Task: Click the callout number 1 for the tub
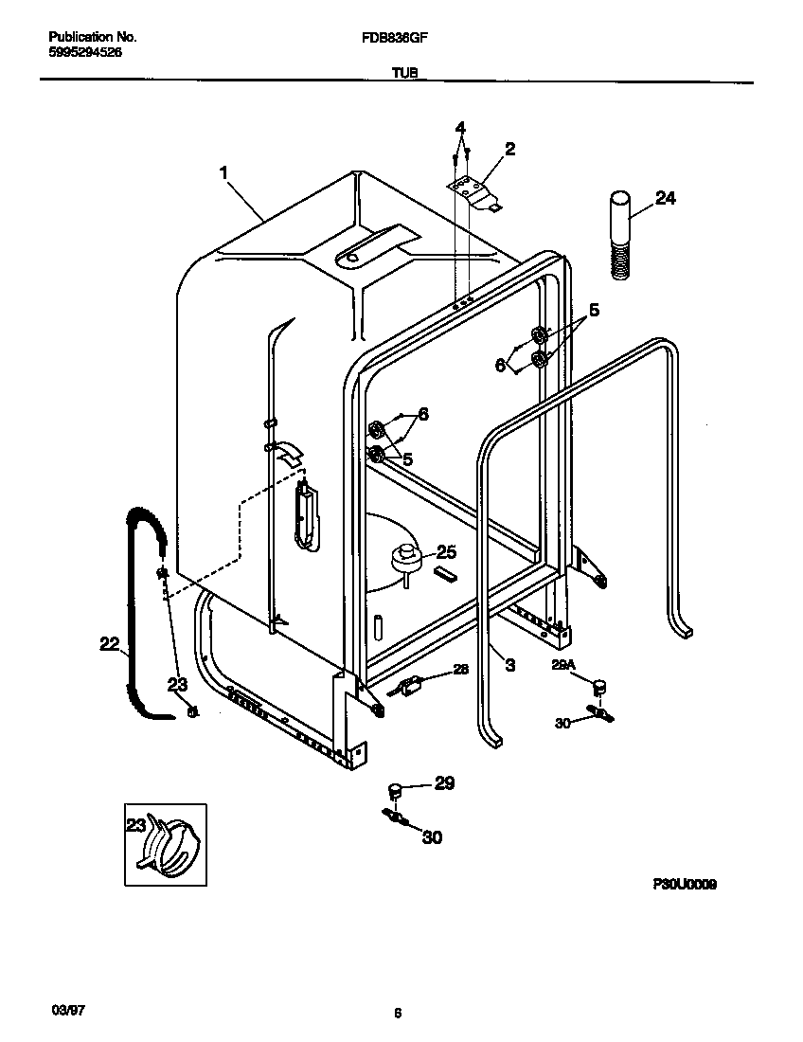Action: click(223, 172)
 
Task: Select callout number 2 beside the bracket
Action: click(509, 149)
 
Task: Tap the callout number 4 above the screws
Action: click(460, 128)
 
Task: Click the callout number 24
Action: click(666, 198)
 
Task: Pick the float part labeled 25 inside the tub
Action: click(406, 557)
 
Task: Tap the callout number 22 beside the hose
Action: click(111, 644)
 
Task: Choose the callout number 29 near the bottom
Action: click(443, 782)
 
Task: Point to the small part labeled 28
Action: click(409, 686)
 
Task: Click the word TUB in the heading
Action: click(402, 71)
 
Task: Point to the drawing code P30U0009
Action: click(684, 884)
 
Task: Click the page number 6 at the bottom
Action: click(398, 1014)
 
